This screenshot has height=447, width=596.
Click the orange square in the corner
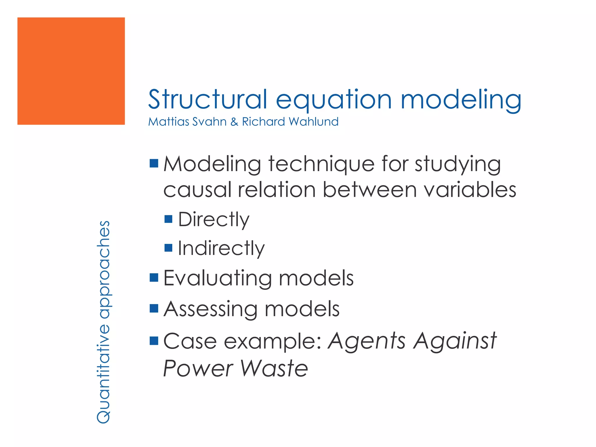tap(71, 71)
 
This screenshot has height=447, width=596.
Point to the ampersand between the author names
tap(234, 122)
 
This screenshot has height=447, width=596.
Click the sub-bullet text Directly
tap(214, 219)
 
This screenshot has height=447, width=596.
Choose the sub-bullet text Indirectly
tap(221, 248)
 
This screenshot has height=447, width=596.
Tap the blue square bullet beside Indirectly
tap(168, 248)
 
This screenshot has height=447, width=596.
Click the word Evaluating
tap(217, 278)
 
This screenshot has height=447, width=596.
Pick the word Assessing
tap(210, 309)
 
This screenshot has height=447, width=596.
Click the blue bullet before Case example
tap(154, 340)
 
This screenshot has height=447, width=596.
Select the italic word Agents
tap(366, 341)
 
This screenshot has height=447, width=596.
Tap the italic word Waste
tap(274, 368)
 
